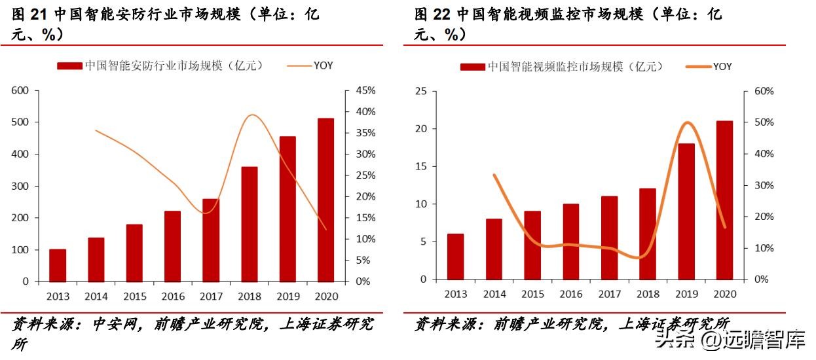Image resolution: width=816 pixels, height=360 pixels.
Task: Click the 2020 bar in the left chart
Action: pyautogui.click(x=325, y=200)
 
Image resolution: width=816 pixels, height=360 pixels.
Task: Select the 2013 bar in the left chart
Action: pyautogui.click(x=58, y=265)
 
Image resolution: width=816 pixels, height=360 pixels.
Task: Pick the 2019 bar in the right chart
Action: pyautogui.click(x=686, y=211)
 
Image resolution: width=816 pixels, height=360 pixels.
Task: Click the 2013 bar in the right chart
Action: pyautogui.click(x=455, y=257)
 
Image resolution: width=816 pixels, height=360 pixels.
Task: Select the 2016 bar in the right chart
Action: pyautogui.click(x=570, y=242)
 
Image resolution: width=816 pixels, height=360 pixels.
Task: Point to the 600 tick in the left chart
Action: pyautogui.click(x=21, y=90)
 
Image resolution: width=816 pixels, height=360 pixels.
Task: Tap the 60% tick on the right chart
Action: pyautogui.click(x=763, y=91)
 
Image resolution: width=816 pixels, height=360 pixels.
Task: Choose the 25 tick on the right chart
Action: pyautogui.click(x=420, y=91)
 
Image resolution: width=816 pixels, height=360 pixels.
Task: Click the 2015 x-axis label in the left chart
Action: pyautogui.click(x=134, y=296)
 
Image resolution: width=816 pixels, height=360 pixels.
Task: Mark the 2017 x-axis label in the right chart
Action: pyautogui.click(x=609, y=294)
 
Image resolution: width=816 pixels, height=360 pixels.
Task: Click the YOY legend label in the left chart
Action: pyautogui.click(x=323, y=65)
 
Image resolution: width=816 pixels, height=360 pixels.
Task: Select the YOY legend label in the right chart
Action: pyautogui.click(x=722, y=67)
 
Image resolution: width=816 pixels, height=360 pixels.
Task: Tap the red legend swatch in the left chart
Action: pyautogui.click(x=69, y=65)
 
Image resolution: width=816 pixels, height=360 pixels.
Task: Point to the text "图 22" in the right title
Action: pyautogui.click(x=434, y=14)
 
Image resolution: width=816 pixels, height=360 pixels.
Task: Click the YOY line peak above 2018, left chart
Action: pyautogui.click(x=253, y=115)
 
